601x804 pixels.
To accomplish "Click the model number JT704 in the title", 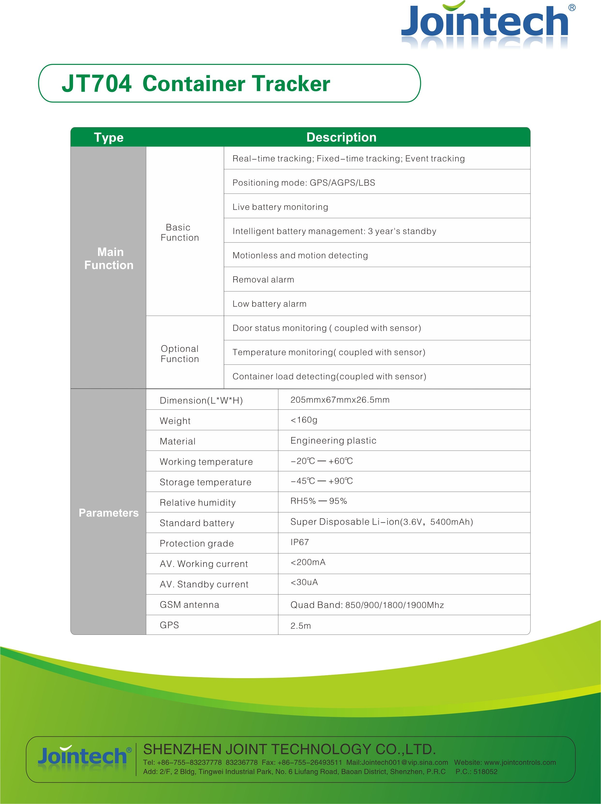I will (96, 83).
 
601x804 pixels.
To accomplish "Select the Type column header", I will (109, 137).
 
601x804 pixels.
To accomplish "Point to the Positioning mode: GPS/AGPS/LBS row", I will (304, 182).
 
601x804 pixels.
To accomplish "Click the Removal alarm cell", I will (263, 280).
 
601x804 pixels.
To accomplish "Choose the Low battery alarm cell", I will (270, 304).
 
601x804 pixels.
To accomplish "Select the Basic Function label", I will (180, 232).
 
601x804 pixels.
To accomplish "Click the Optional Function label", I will (180, 354).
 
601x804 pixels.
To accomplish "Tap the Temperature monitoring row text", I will (329, 352).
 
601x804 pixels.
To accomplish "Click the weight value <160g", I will (304, 420).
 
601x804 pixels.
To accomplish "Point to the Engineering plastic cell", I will (333, 440).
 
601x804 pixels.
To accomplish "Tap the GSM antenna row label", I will (189, 605).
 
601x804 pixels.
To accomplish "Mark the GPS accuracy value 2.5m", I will (301, 626).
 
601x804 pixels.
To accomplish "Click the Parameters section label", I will (109, 513).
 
